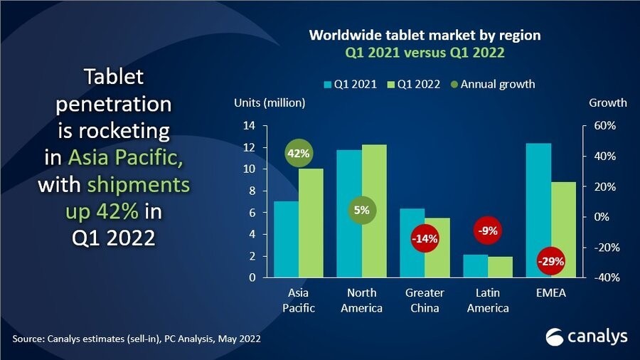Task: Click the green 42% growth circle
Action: tap(299, 154)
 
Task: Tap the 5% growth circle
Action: tap(361, 211)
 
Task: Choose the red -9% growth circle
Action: tap(488, 230)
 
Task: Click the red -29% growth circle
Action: tap(550, 261)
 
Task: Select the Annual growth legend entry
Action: tap(491, 84)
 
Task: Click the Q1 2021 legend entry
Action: tap(350, 84)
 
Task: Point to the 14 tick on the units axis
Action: tap(250, 126)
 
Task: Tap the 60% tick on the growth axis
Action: tap(595, 126)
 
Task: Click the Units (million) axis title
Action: tap(270, 102)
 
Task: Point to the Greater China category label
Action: tap(425, 300)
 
